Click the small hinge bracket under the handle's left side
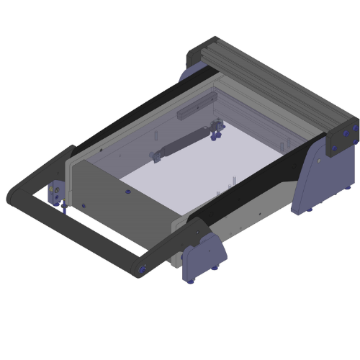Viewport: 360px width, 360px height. pyautogui.click(x=54, y=193)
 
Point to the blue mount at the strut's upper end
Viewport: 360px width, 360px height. pyautogui.click(x=215, y=130)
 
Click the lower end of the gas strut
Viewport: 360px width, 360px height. pyautogui.click(x=153, y=155)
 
